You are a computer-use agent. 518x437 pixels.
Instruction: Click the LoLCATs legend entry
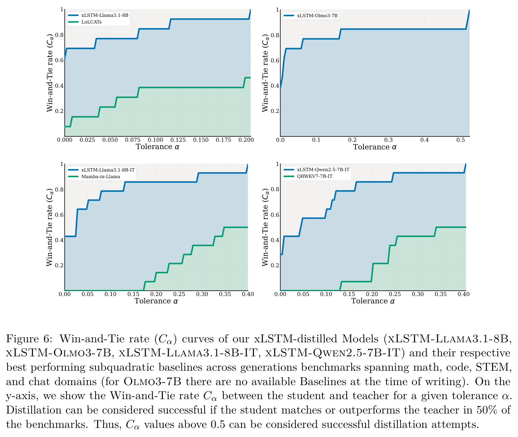(91, 22)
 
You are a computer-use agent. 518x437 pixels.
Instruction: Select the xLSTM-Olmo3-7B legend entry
(317, 16)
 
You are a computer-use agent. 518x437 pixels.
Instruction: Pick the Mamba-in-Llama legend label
(101, 176)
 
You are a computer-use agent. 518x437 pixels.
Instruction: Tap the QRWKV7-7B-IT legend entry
(315, 176)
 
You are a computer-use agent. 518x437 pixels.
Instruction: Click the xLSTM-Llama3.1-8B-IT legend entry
(108, 170)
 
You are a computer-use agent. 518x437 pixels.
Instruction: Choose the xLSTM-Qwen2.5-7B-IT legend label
(323, 169)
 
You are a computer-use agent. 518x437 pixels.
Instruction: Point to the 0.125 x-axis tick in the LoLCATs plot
(178, 140)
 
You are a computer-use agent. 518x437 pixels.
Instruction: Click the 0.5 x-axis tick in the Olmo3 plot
(461, 140)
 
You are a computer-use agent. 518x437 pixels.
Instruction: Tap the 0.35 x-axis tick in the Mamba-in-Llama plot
(225, 294)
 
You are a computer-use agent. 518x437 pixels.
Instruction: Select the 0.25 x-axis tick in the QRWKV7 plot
(395, 294)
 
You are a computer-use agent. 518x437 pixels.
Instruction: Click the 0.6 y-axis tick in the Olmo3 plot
(275, 60)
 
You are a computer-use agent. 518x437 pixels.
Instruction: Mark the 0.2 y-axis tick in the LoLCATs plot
(59, 111)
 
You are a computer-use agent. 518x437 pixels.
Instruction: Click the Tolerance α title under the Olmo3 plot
(375, 147)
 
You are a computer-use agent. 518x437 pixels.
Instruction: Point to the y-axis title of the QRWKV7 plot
(265, 227)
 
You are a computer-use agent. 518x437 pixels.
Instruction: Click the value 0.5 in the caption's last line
(218, 425)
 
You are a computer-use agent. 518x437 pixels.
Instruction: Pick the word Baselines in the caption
(322, 382)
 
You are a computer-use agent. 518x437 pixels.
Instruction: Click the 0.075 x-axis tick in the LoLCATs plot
(133, 140)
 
